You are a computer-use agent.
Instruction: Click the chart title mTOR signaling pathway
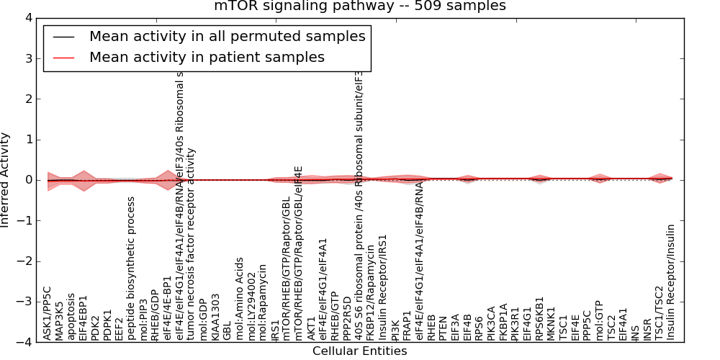pos(359,6)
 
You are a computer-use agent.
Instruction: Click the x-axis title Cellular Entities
pos(359,351)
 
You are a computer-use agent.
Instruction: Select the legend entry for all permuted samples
pos(227,36)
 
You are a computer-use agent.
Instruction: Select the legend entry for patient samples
pos(207,57)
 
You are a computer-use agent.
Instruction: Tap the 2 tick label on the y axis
pos(31,99)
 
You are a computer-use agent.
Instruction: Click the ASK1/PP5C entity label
pos(48,313)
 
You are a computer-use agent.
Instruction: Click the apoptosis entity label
pos(71,316)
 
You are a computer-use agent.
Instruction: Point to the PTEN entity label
pos(443,328)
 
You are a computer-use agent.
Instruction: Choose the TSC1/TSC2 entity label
pos(658,312)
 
